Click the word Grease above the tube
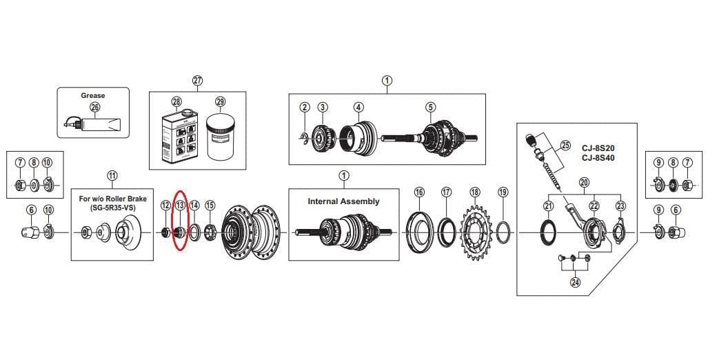pyautogui.click(x=93, y=95)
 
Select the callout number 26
pyautogui.click(x=94, y=107)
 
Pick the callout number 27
pyautogui.click(x=198, y=81)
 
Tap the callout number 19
pyautogui.click(x=503, y=192)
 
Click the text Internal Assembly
pyautogui.click(x=343, y=201)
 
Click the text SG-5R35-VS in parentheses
pyautogui.click(x=112, y=207)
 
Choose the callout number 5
pyautogui.click(x=431, y=107)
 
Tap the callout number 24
pyautogui.click(x=575, y=282)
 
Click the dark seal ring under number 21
pyautogui.click(x=548, y=233)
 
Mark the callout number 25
pyautogui.click(x=565, y=146)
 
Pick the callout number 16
pyautogui.click(x=419, y=192)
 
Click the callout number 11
pyautogui.click(x=112, y=175)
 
